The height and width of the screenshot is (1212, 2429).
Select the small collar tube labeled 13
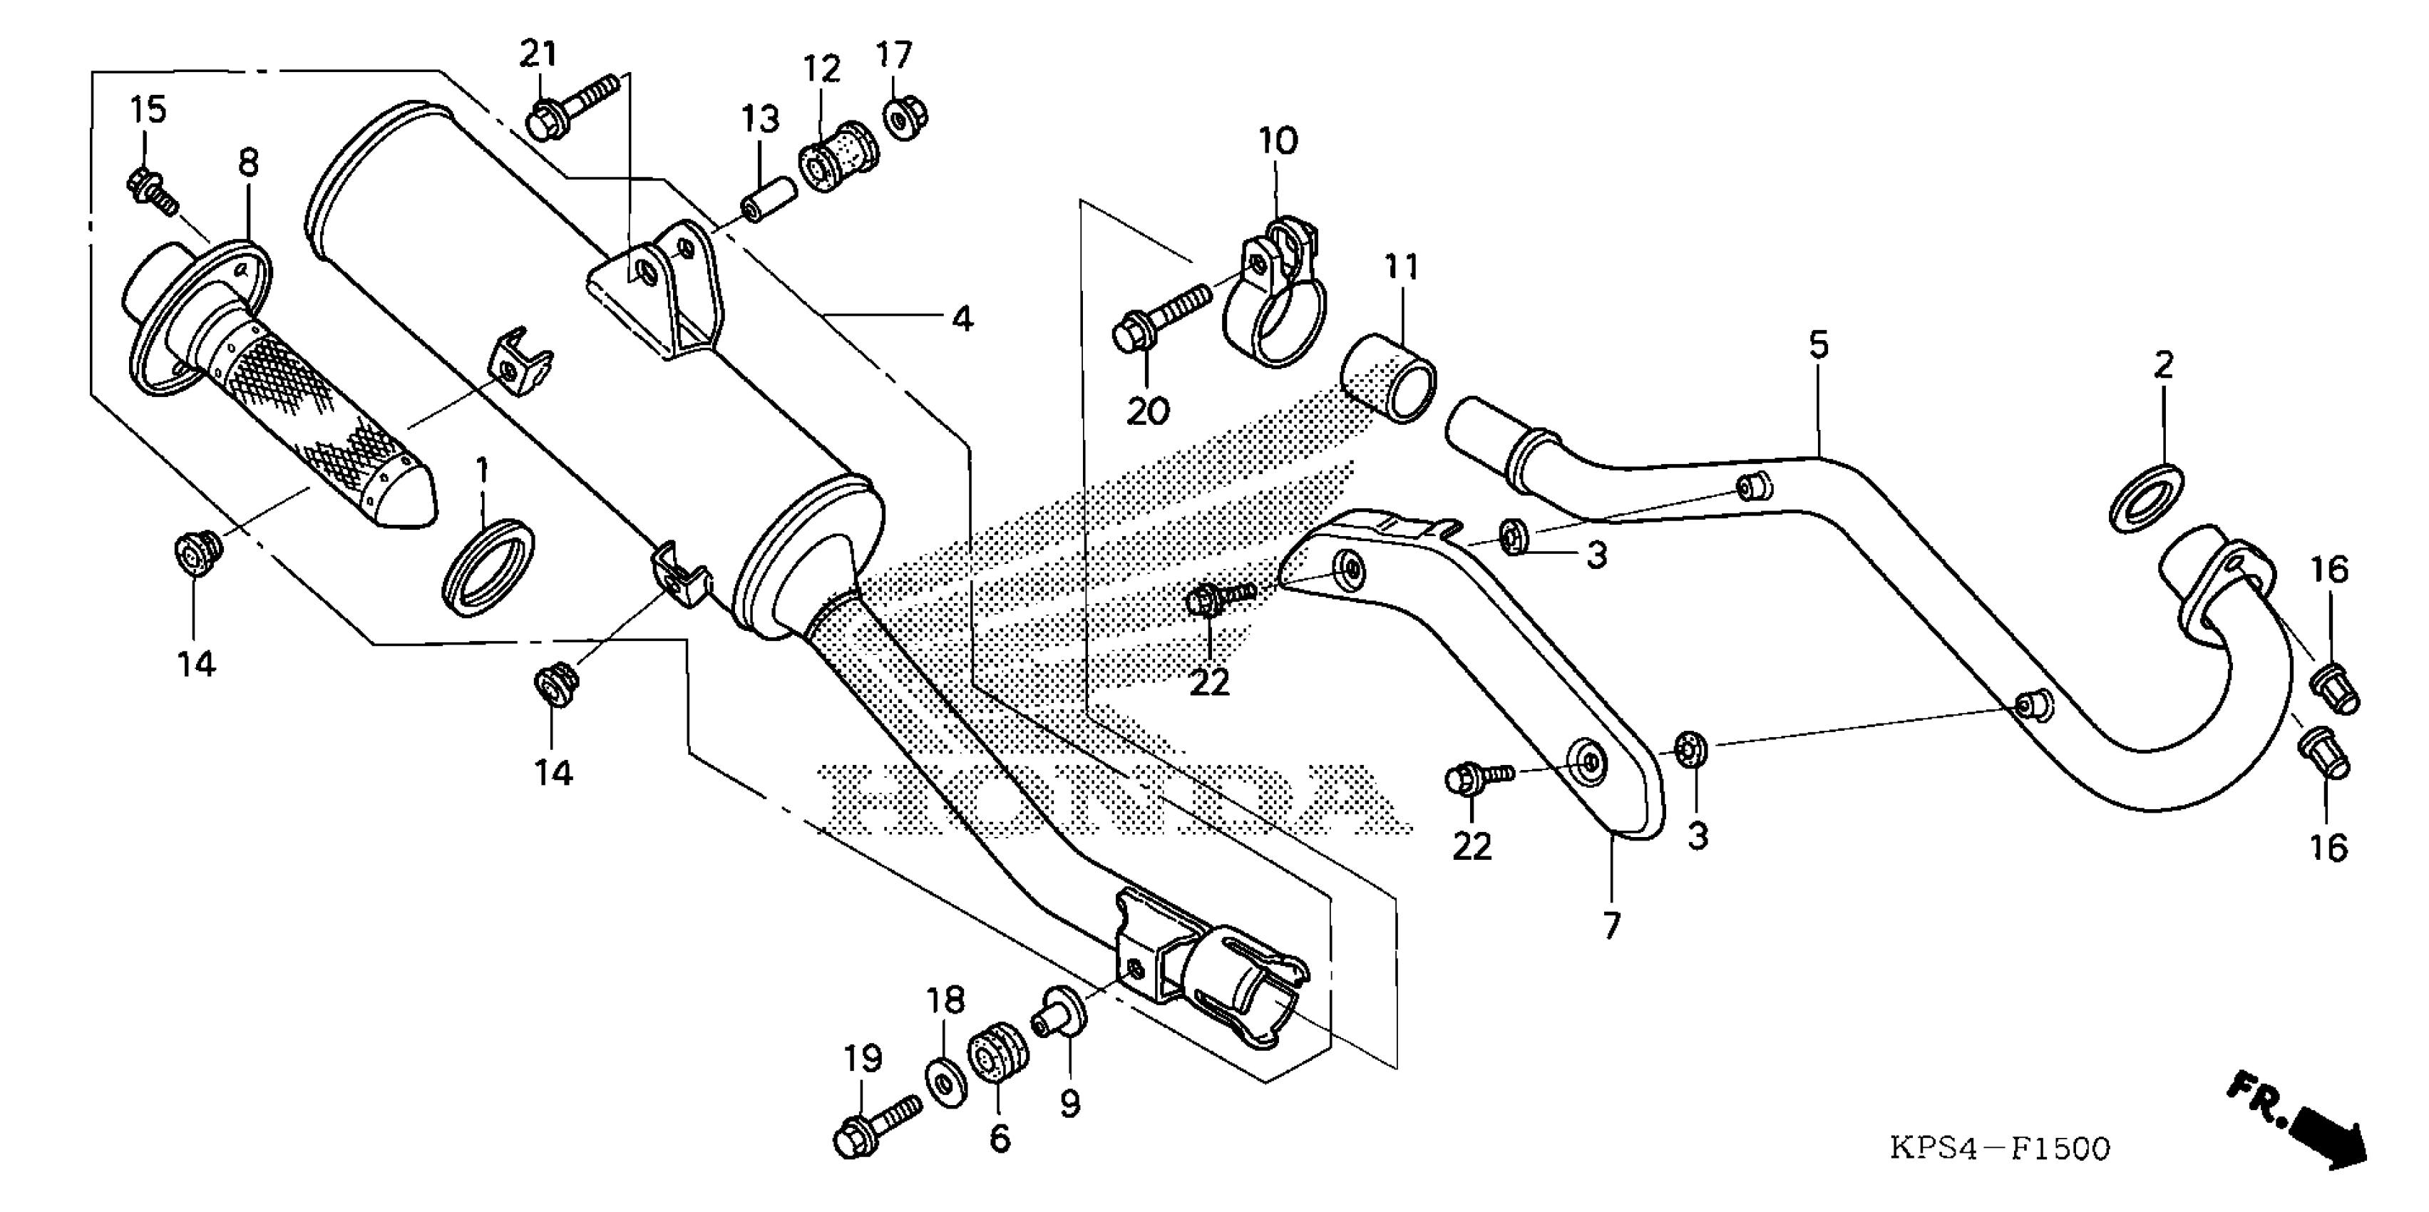point(769,195)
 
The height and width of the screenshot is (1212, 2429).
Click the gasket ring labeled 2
point(2145,497)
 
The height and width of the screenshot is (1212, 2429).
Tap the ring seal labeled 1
point(488,568)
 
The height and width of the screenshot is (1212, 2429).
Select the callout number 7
point(1611,925)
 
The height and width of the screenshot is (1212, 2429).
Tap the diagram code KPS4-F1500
point(2000,1149)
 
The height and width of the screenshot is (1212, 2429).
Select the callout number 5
point(1818,345)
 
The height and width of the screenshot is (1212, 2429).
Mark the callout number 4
point(961,319)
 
